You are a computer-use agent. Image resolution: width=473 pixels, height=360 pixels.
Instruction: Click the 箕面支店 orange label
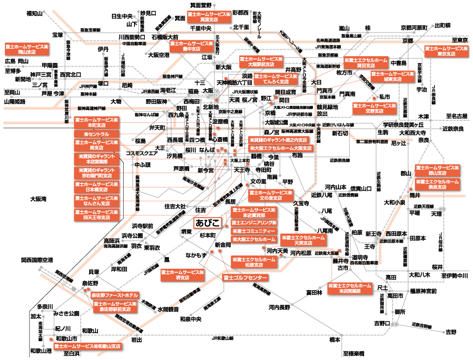pyautogui.click(x=209, y=17)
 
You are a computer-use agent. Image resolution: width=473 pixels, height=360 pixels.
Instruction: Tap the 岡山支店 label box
pyautogui.click(x=27, y=49)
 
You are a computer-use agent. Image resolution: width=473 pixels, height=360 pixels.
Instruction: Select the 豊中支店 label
pyautogui.click(x=191, y=46)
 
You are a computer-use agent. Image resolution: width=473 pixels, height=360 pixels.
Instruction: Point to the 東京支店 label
pyautogui.click(x=446, y=51)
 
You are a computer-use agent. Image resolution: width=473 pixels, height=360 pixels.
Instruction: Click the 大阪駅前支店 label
pyautogui.click(x=261, y=62)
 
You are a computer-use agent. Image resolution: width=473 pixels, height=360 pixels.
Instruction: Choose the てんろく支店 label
pyautogui.click(x=276, y=79)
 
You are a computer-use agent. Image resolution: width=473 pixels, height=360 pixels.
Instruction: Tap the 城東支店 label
pyautogui.click(x=393, y=76)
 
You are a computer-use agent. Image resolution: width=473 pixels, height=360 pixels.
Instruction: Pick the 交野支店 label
pyautogui.click(x=374, y=108)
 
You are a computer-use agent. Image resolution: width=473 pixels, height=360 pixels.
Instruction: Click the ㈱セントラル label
pyautogui.click(x=97, y=134)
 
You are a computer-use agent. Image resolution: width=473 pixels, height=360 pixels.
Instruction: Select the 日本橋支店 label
pyautogui.click(x=97, y=187)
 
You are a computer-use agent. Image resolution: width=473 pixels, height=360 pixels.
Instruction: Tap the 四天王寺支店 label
pyautogui.click(x=97, y=215)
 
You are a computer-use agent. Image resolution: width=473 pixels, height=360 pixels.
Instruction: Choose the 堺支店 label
pyautogui.click(x=182, y=275)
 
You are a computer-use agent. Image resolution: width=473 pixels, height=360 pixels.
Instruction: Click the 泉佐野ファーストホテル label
pyautogui.click(x=115, y=295)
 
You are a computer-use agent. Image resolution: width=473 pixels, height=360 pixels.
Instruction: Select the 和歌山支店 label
pyautogui.click(x=88, y=346)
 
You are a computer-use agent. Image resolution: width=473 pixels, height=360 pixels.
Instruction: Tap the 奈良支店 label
pyautogui.click(x=437, y=184)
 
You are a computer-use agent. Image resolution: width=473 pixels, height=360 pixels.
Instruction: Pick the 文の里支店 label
pyautogui.click(x=270, y=195)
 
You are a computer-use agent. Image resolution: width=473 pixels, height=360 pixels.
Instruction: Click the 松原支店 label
pyautogui.click(x=254, y=262)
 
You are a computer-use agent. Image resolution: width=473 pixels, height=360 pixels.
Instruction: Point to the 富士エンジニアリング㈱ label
pyautogui.click(x=254, y=223)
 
